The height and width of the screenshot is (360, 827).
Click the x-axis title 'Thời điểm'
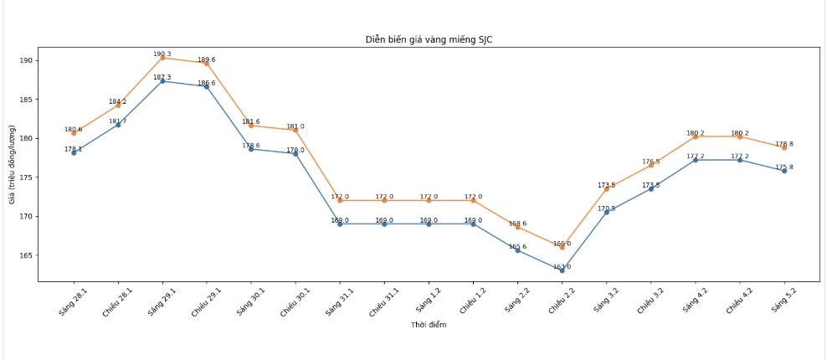(428, 325)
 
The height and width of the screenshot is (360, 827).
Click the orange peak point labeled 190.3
(162, 58)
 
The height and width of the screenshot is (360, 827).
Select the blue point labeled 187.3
(162, 81)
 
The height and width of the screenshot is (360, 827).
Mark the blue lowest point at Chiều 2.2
(562, 270)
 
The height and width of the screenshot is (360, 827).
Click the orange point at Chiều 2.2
(562, 247)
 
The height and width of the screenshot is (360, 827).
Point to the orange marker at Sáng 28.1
(74, 133)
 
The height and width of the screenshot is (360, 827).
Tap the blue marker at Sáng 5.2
(784, 171)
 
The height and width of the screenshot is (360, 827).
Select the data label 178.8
(784, 144)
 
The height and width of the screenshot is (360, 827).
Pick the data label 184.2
(117, 102)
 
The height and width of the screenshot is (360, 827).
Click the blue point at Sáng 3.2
(606, 212)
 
